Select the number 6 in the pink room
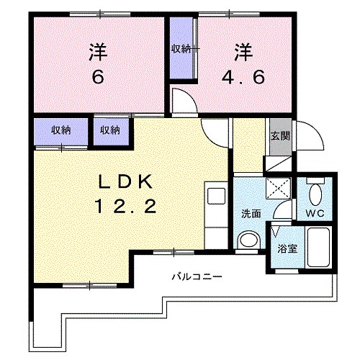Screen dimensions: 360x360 click(x=99, y=76)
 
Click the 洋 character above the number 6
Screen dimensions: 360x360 click(x=99, y=52)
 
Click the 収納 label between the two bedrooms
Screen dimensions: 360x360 click(x=181, y=49)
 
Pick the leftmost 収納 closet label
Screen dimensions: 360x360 click(x=60, y=130)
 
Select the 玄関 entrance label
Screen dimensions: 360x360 click(x=279, y=137)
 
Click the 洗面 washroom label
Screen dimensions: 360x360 click(x=251, y=214)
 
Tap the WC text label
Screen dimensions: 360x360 click(x=318, y=214)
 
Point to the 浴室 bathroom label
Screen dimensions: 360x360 click(x=288, y=248)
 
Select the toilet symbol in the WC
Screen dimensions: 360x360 click(x=317, y=192)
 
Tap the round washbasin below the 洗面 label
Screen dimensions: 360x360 click(x=249, y=240)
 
